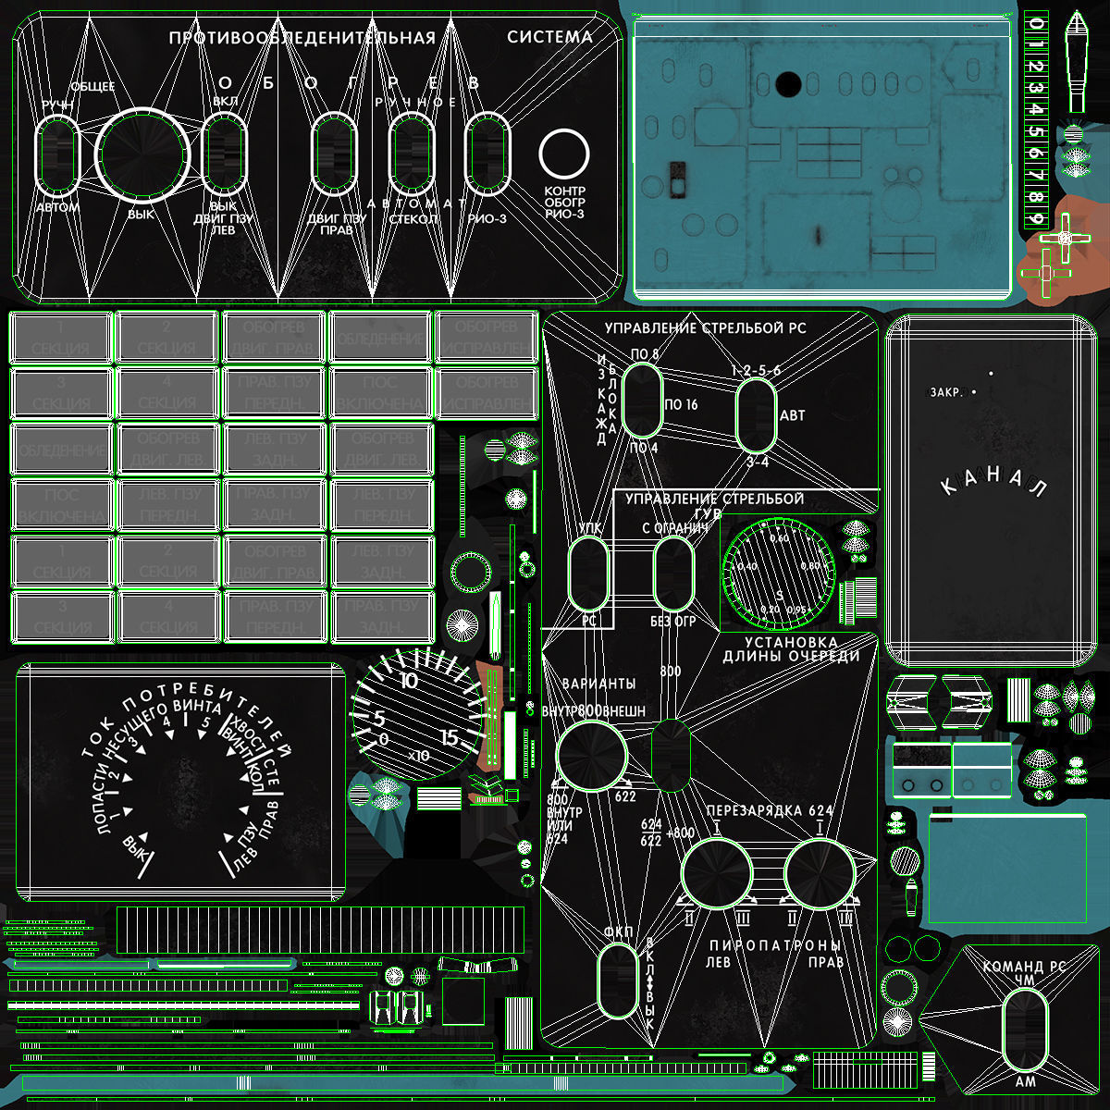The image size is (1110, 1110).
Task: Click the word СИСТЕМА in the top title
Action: tap(549, 37)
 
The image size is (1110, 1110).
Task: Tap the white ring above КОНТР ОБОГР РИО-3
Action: tap(564, 154)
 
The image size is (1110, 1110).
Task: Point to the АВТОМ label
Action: tap(57, 207)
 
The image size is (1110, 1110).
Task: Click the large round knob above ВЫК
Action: tap(142, 154)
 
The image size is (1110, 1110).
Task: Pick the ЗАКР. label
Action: tap(946, 392)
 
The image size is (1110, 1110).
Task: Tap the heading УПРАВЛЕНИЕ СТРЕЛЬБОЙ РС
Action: tap(705, 328)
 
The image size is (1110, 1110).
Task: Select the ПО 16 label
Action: tap(681, 404)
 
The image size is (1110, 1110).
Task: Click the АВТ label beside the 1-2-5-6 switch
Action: tap(792, 415)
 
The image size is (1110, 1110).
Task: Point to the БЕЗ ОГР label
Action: tap(672, 622)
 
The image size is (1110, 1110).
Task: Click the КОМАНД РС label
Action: tap(1024, 967)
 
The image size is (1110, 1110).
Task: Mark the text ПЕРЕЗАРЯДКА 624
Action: tap(770, 810)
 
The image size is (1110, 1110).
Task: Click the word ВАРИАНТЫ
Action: tap(598, 684)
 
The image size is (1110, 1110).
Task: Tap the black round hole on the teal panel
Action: tap(787, 84)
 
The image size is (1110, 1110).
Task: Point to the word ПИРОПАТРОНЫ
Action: tap(775, 946)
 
